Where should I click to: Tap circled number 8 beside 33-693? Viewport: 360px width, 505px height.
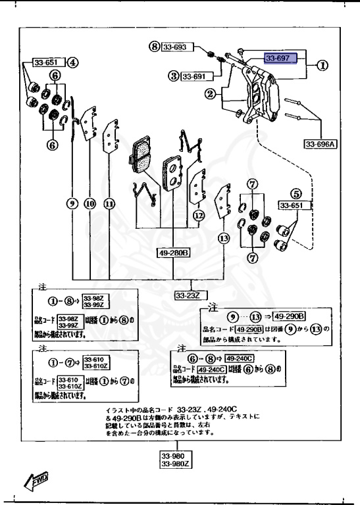point(154,47)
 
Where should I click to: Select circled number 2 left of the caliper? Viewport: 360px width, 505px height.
point(210,95)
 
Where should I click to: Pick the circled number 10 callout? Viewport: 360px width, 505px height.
point(90,203)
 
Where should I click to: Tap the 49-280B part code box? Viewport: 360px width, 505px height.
point(173,252)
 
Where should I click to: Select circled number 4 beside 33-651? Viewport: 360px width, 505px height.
point(72,63)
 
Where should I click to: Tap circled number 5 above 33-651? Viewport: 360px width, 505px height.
point(296,193)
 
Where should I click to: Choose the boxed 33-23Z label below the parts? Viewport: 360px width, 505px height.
point(188,296)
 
